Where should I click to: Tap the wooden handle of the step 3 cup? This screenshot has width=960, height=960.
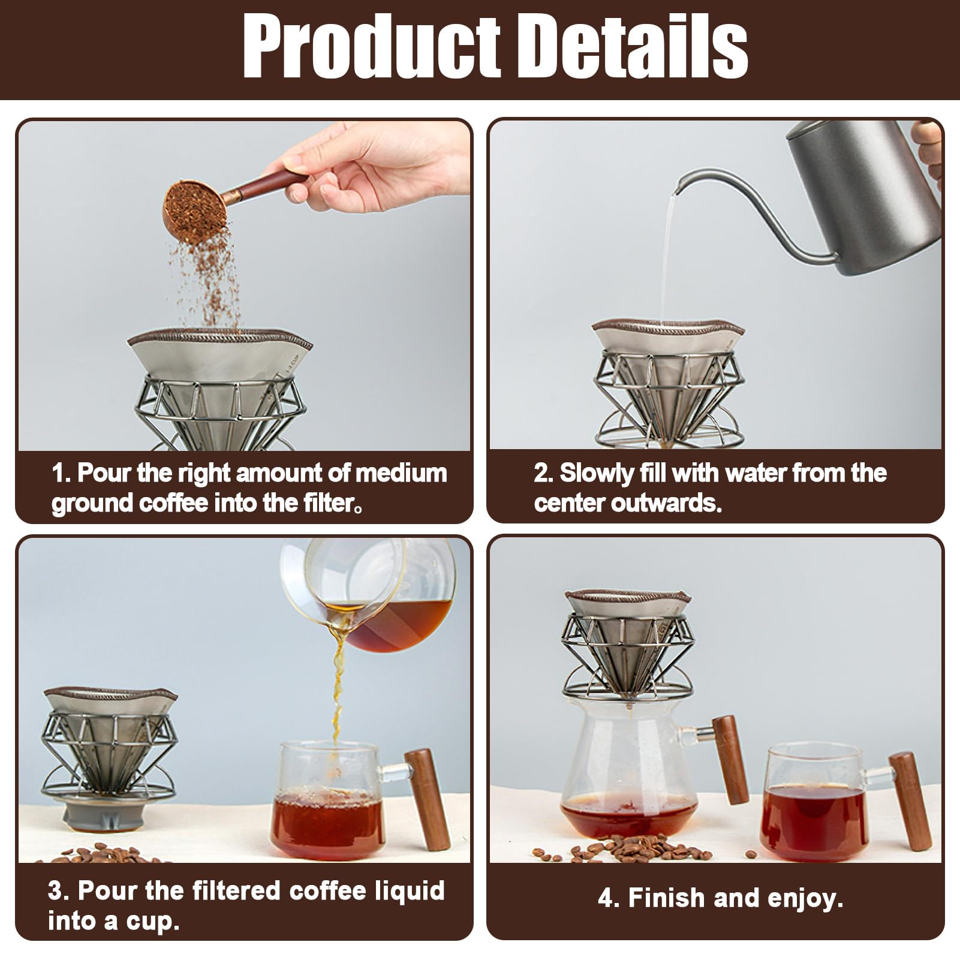(427, 799)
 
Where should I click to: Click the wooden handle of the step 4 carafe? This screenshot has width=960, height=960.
(730, 759)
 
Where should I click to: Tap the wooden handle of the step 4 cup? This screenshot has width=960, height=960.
(910, 800)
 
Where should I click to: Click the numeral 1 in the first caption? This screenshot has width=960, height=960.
(58, 473)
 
